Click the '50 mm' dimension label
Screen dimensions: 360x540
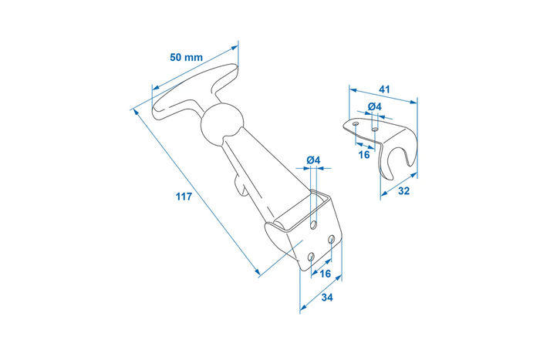tap(187, 57)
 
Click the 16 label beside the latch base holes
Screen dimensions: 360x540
tap(325, 274)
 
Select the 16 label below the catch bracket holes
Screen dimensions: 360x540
tap(365, 154)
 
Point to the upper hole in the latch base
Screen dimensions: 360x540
tap(314, 224)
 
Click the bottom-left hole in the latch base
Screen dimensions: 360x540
tap(310, 255)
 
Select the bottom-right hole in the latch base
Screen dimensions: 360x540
tap(331, 241)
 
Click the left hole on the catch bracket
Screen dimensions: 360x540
tap(355, 122)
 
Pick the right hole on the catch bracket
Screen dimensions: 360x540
tap(375, 130)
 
